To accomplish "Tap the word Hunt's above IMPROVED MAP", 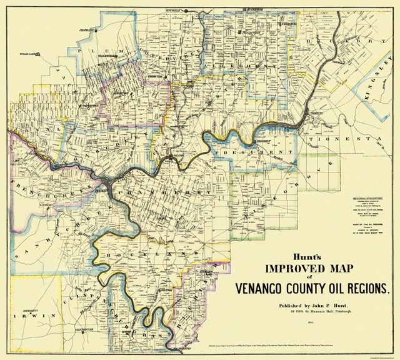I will click(x=263, y=256).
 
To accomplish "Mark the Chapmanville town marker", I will click(x=99, y=29).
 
